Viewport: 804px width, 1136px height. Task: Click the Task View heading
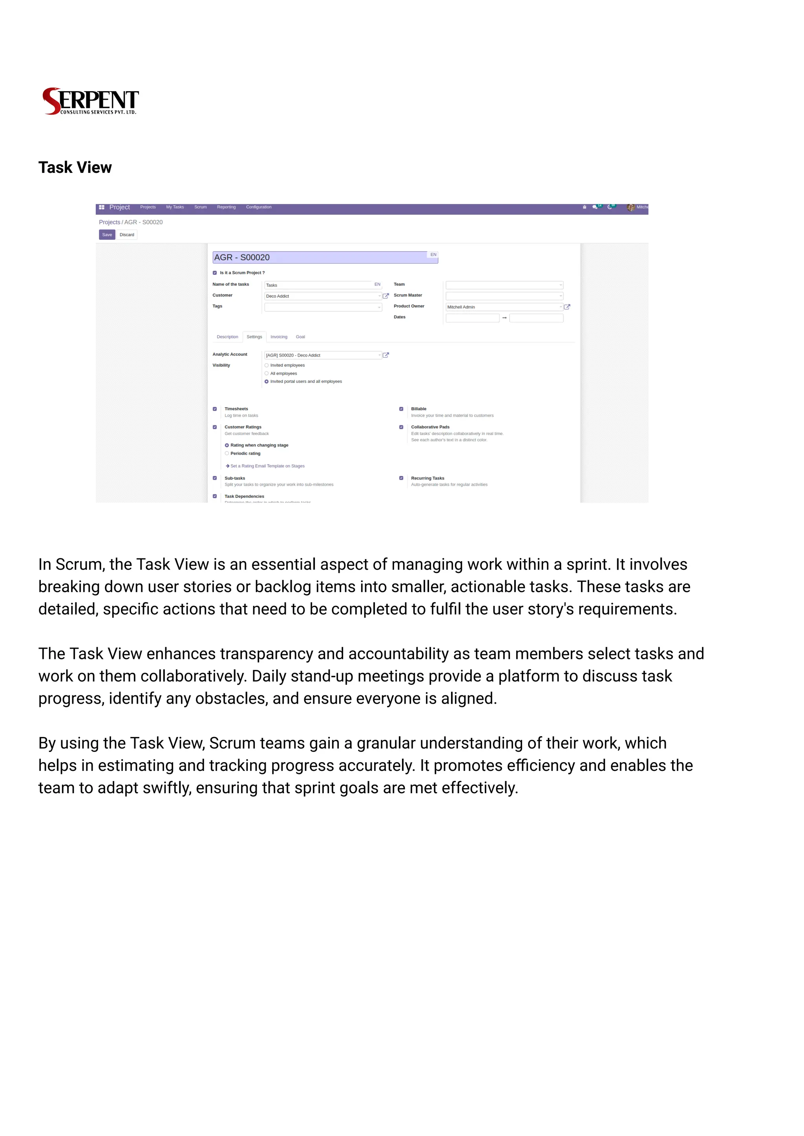pyautogui.click(x=75, y=167)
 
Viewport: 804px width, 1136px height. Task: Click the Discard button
pyautogui.click(x=127, y=235)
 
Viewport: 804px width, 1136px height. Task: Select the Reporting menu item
pyautogui.click(x=226, y=207)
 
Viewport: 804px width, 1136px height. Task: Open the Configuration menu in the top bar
pyautogui.click(x=258, y=207)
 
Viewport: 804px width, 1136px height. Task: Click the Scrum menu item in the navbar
pyautogui.click(x=201, y=207)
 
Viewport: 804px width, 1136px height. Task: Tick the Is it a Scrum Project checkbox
pyautogui.click(x=215, y=273)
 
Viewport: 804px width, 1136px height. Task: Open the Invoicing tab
pyautogui.click(x=279, y=337)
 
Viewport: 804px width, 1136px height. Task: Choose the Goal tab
pyautogui.click(x=300, y=337)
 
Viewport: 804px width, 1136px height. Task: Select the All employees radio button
pyautogui.click(x=267, y=373)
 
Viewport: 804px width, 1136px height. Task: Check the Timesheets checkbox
pyautogui.click(x=215, y=409)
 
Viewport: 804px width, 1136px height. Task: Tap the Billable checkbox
pyautogui.click(x=401, y=409)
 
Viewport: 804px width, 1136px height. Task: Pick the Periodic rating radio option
pyautogui.click(x=227, y=453)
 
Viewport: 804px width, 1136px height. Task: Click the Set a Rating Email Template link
pyautogui.click(x=267, y=466)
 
